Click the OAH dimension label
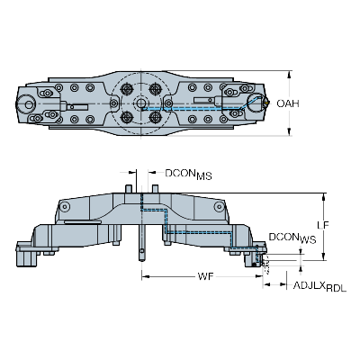click(x=287, y=103)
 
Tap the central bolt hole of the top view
click(x=142, y=103)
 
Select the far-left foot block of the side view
click(x=27, y=257)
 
